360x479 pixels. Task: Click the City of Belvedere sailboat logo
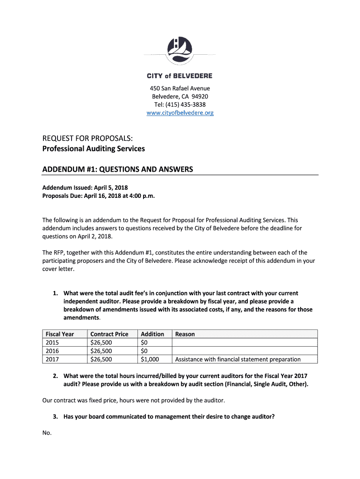[x=180, y=50]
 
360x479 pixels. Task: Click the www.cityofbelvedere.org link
[x=180, y=113]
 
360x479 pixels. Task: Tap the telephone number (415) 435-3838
[x=188, y=104]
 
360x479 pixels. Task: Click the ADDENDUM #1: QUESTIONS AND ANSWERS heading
[x=117, y=169]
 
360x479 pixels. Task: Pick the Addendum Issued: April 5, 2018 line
[x=85, y=188]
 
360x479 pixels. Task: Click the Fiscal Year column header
[x=59, y=334]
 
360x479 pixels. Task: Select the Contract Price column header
[x=109, y=334]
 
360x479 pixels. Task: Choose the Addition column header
[x=152, y=334]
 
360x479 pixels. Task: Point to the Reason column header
[x=185, y=334]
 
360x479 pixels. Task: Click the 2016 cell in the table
[x=52, y=351]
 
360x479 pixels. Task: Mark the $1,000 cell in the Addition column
[x=150, y=359]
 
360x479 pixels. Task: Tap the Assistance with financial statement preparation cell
[x=238, y=359]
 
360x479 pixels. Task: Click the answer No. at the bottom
[x=47, y=433]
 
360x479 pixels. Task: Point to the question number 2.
[x=55, y=376]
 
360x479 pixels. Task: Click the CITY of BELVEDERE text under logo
[x=180, y=76]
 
